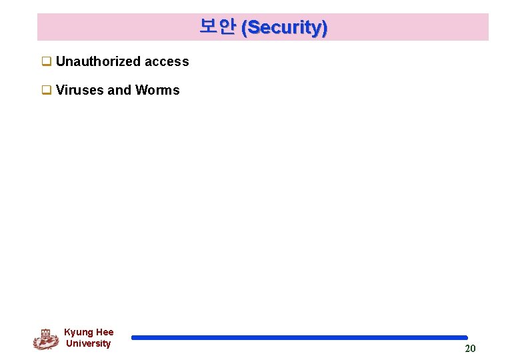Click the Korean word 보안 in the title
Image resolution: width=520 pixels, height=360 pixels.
pyautogui.click(x=217, y=27)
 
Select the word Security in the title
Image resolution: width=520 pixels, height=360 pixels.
pyautogui.click(x=284, y=27)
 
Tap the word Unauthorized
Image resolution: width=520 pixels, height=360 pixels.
pyautogui.click(x=99, y=62)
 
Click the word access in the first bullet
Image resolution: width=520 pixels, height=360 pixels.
pyautogui.click(x=167, y=62)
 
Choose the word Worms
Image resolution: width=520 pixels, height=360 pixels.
pyautogui.click(x=157, y=90)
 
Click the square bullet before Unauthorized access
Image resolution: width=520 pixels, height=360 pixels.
pyautogui.click(x=47, y=62)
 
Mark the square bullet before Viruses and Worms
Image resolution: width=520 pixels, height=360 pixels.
pyautogui.click(x=47, y=90)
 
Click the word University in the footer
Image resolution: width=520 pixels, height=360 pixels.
pyautogui.click(x=88, y=343)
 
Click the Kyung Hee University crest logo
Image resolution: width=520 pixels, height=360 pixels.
pyautogui.click(x=45, y=339)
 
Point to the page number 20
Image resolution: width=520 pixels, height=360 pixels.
pyautogui.click(x=470, y=349)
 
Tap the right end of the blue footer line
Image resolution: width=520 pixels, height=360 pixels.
pyautogui.click(x=465, y=338)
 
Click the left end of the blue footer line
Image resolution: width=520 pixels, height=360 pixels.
pyautogui.click(x=133, y=338)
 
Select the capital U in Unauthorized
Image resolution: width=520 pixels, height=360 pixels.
pyautogui.click(x=61, y=62)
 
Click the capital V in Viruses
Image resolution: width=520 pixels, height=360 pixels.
pyautogui.click(x=61, y=90)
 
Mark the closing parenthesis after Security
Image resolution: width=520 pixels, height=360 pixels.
pyautogui.click(x=325, y=27)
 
